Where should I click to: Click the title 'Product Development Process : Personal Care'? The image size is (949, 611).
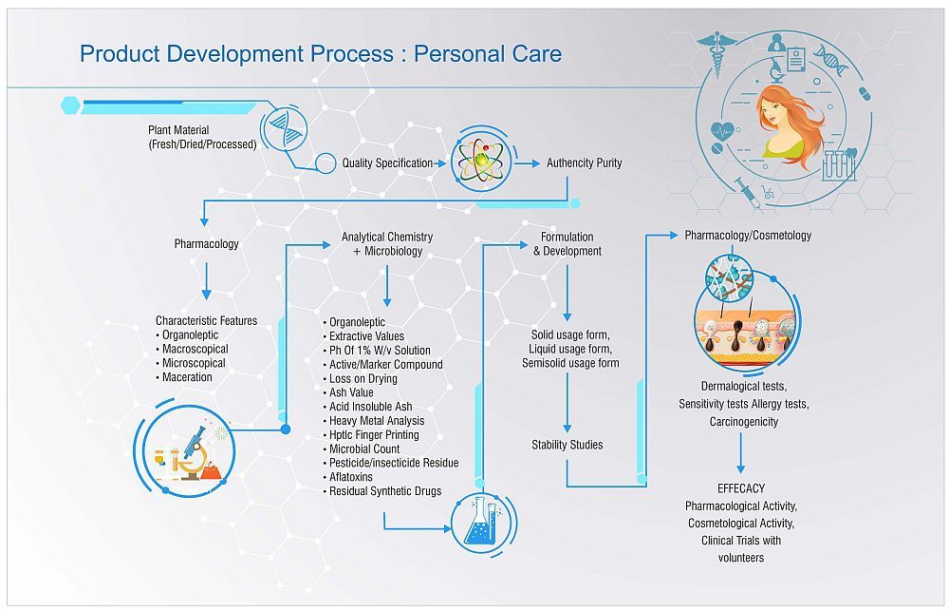coord(320,53)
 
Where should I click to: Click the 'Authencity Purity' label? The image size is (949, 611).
coord(584,162)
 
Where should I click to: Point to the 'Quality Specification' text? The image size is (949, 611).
coord(387,162)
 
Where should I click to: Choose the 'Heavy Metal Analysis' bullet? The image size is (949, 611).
coord(376,421)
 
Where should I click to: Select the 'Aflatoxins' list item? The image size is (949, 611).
coord(357,477)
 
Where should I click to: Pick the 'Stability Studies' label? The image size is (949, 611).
coord(567,444)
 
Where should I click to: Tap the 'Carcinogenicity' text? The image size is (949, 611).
coord(743,421)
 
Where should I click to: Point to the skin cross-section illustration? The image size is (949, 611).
coord(745,334)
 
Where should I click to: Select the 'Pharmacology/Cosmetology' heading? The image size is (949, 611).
coord(748,235)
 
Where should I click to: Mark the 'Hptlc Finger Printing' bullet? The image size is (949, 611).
coord(373,435)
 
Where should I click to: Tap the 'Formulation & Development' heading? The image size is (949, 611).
coord(567,244)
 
